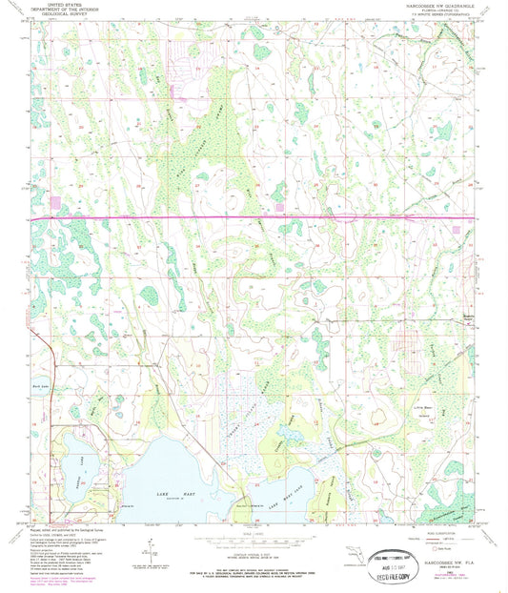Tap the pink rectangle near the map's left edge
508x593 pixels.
pyautogui.click(x=54, y=202)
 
